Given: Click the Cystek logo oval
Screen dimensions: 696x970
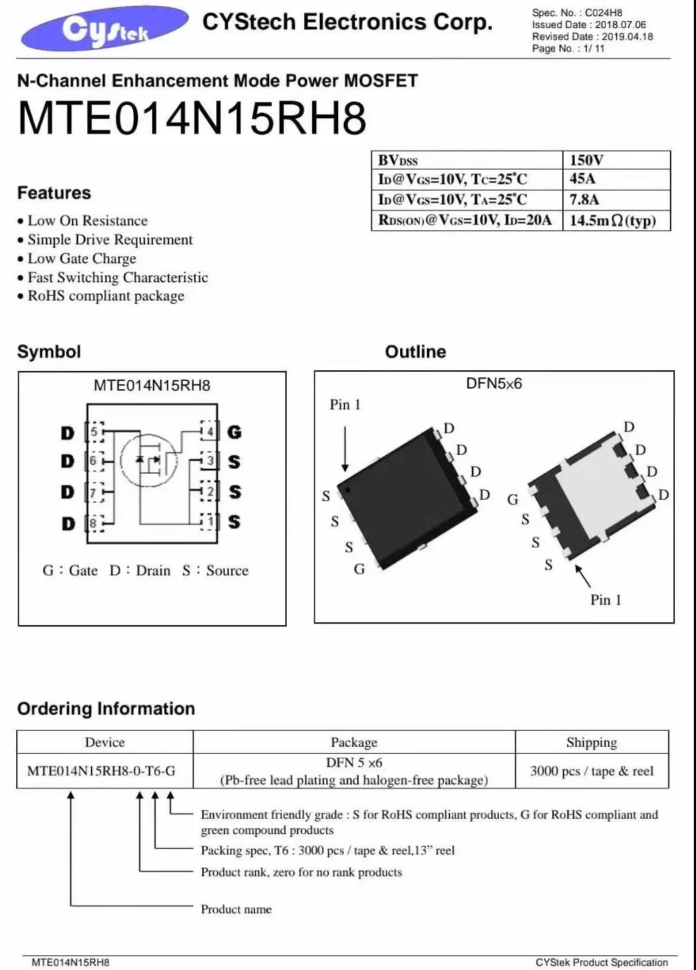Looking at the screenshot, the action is (x=105, y=28).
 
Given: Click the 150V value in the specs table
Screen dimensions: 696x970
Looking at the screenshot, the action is (x=586, y=160).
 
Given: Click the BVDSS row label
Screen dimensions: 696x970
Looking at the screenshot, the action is (x=397, y=160).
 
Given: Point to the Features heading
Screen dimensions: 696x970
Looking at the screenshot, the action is (x=54, y=193).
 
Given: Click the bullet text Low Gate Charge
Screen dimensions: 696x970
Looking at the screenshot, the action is (x=82, y=258).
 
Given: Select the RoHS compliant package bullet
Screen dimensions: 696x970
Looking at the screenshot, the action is (x=106, y=296).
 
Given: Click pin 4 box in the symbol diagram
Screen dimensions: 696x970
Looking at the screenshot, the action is (x=209, y=431).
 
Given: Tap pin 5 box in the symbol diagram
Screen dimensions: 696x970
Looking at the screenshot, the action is (x=95, y=432).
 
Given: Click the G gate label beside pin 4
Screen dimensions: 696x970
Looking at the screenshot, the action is (x=234, y=432).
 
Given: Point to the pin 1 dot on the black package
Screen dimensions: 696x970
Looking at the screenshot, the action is (x=347, y=490).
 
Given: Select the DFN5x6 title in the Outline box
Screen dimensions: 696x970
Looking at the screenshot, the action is (x=494, y=383).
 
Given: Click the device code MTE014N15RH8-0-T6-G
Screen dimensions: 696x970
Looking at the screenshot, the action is (x=101, y=771).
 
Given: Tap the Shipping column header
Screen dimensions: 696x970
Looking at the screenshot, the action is (x=592, y=743).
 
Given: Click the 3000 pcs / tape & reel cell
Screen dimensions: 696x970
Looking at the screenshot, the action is (x=592, y=771).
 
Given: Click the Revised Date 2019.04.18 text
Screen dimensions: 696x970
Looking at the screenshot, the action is (x=592, y=37).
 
